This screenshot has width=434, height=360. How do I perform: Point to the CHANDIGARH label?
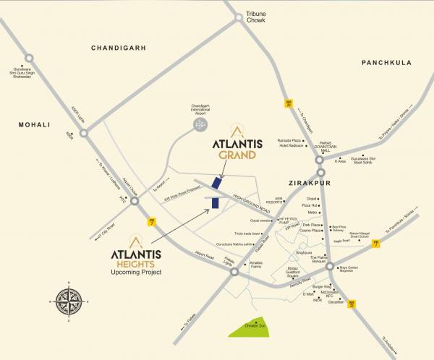(119, 48)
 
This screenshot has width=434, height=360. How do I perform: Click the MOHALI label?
(34, 125)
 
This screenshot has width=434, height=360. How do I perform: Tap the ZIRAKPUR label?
(307, 184)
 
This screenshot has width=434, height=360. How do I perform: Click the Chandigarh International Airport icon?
(200, 125)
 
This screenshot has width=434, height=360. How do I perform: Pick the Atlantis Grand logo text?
(232, 148)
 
